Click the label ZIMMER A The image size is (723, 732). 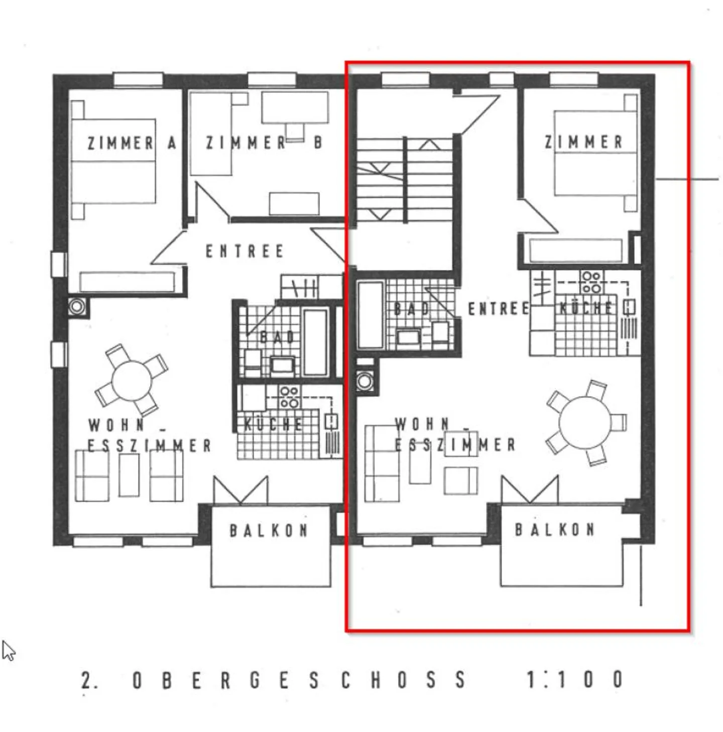point(132,143)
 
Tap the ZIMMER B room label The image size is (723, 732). point(265,143)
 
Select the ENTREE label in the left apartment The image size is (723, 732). point(245,252)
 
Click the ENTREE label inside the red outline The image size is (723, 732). point(499,308)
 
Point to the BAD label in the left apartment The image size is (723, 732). point(278,337)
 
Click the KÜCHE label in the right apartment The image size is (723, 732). point(586,308)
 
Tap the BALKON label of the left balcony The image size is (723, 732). point(269,531)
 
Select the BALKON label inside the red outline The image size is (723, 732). point(555,530)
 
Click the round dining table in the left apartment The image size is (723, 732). point(132,381)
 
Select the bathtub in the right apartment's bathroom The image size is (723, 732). point(370,314)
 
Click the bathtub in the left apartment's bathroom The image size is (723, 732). point(315,342)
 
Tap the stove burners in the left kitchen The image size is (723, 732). point(290,397)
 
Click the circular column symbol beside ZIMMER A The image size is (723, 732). point(77,306)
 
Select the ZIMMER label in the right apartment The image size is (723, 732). point(584,142)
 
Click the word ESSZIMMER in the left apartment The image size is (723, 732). point(149,445)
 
